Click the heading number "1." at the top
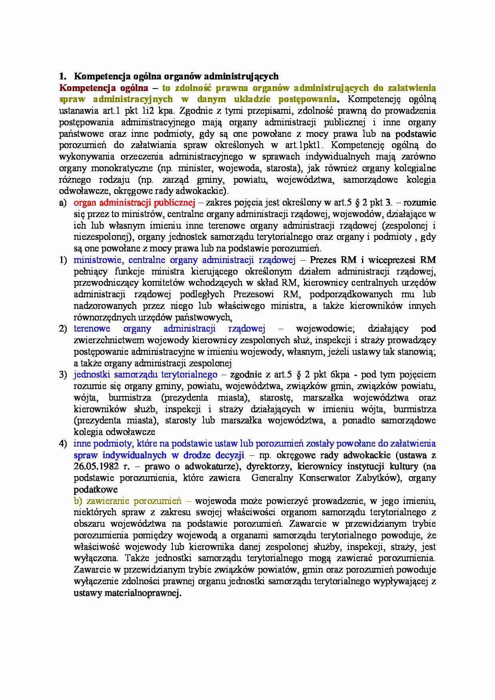tap(62, 76)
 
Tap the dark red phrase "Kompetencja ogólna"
tap(103, 88)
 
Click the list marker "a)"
tap(63, 203)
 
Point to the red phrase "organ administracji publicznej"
tap(134, 203)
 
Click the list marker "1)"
tap(63, 260)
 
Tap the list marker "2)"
tap(63, 329)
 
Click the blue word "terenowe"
tap(92, 329)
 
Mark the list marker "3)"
tap(63, 375)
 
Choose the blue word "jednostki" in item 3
tap(92, 375)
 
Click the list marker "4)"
tap(63, 444)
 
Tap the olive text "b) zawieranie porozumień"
tap(128, 501)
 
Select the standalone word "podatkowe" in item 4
tap(95, 490)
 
